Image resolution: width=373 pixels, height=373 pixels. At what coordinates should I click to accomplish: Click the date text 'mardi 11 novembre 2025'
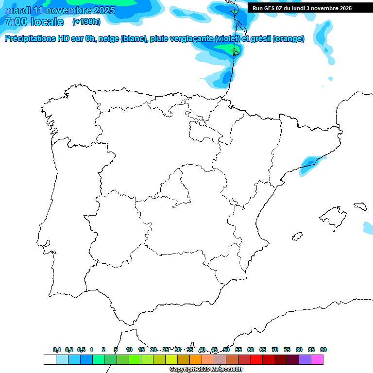(60, 10)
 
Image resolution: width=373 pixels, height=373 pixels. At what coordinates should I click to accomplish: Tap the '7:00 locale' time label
(34, 22)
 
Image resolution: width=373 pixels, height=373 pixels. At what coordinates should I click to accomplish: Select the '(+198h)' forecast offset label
(86, 21)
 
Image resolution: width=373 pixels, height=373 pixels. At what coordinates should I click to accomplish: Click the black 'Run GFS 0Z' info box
(306, 8)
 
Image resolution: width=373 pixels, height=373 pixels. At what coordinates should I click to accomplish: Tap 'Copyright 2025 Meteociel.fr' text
(206, 370)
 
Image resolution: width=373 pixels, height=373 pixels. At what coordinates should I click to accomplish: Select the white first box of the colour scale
(50, 359)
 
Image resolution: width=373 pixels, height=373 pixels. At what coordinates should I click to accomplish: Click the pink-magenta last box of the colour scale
(317, 359)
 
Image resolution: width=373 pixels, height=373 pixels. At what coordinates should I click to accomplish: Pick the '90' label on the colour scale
(323, 350)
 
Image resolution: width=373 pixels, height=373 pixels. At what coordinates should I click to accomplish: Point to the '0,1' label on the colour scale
(57, 350)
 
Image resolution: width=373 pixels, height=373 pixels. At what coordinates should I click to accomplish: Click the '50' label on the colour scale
(226, 350)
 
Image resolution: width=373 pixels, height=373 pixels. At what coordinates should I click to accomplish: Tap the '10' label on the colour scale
(129, 350)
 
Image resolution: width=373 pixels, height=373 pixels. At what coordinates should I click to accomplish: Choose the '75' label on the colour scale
(287, 350)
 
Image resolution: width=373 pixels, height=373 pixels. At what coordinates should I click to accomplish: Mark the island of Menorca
(360, 206)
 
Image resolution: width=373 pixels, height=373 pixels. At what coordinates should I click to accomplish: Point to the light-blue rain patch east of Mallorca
(368, 226)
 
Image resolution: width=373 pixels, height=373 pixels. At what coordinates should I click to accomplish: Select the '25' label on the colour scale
(166, 350)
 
